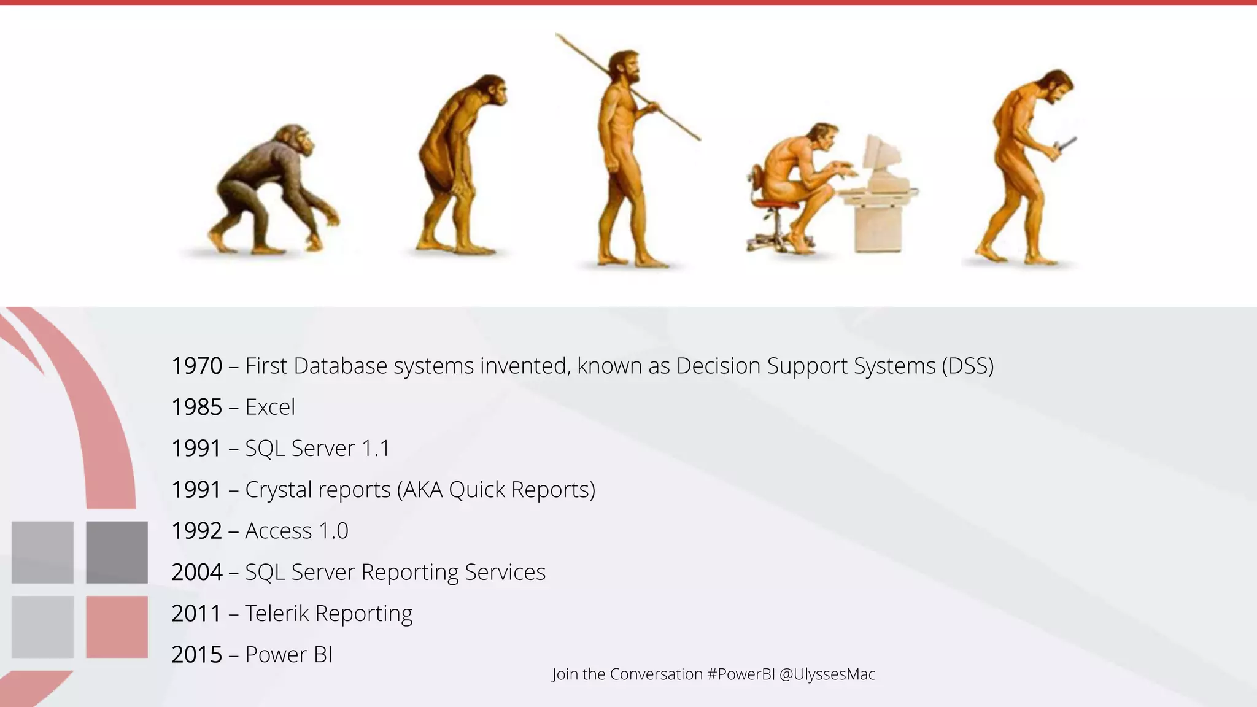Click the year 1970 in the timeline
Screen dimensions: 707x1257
(x=196, y=366)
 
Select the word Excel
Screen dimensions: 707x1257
(x=270, y=408)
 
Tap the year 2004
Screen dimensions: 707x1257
(x=196, y=573)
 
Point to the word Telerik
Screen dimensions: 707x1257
(x=277, y=614)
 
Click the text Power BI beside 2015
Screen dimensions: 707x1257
(x=288, y=655)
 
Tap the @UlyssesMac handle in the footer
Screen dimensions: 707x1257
(x=827, y=674)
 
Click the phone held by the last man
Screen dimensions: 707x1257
(x=1067, y=145)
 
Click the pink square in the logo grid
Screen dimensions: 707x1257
(x=117, y=627)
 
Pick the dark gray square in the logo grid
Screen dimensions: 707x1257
(x=117, y=552)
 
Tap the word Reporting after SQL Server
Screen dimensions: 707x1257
(x=410, y=573)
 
